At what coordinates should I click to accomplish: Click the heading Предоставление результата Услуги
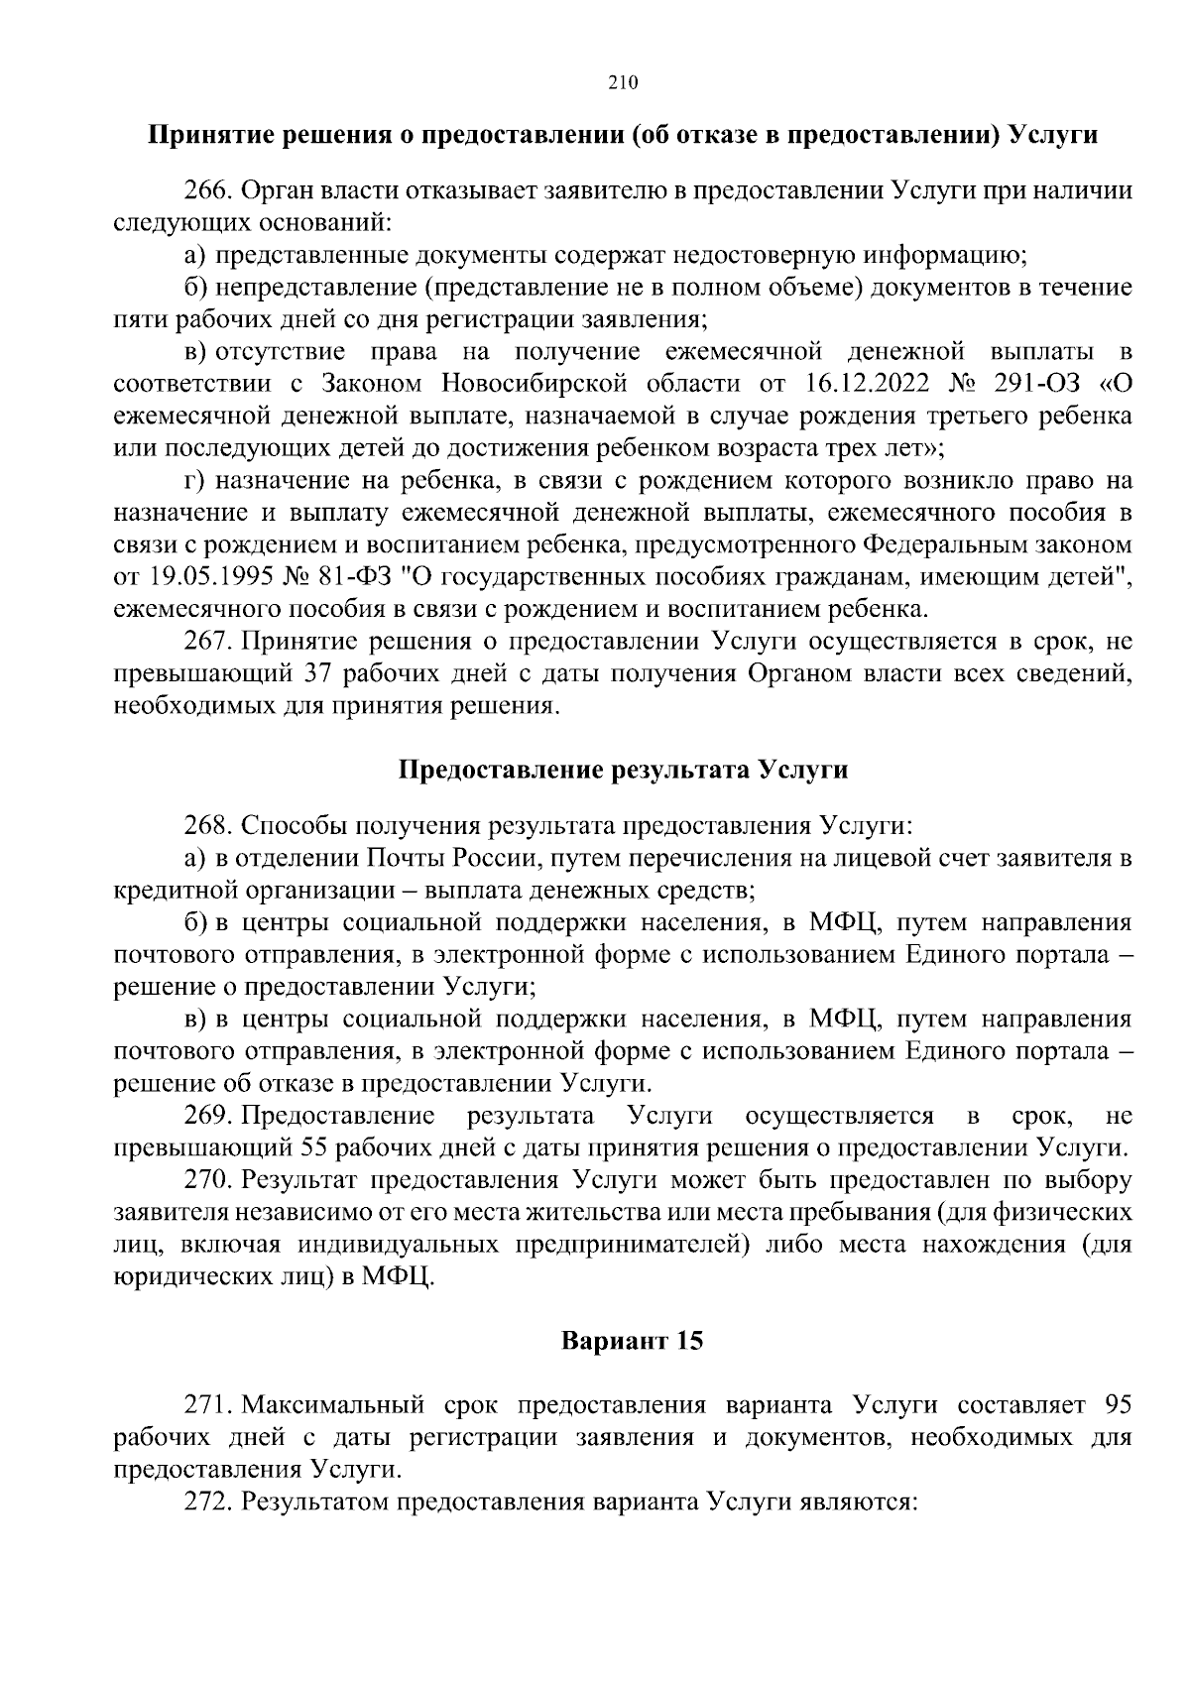(x=623, y=771)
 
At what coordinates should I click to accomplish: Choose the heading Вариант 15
(x=632, y=1342)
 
